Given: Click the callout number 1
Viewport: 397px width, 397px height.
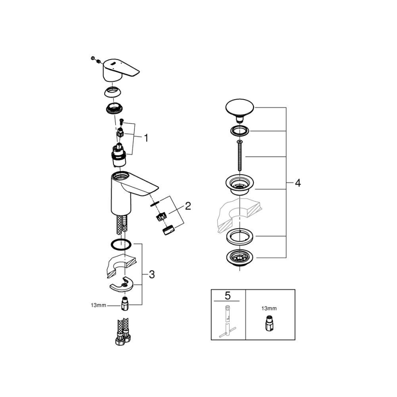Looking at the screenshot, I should [146, 137].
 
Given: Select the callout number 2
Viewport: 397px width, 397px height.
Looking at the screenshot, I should [188, 207].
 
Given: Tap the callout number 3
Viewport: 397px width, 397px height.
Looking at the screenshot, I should [151, 275].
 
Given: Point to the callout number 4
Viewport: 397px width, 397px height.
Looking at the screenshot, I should [297, 183].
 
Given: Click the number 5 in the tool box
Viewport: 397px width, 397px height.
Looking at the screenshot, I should [228, 296].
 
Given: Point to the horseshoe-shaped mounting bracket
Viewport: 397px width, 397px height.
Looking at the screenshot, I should [124, 284].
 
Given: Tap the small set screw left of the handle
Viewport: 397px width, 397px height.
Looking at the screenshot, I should [94, 59].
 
